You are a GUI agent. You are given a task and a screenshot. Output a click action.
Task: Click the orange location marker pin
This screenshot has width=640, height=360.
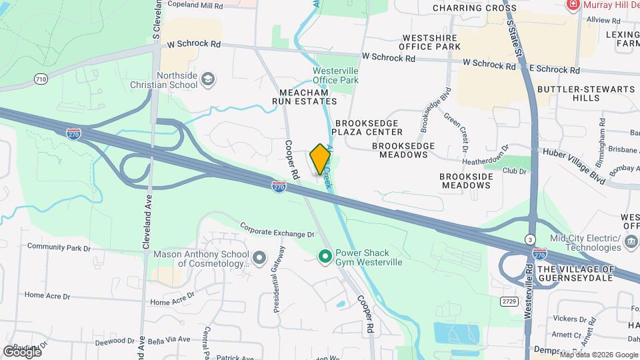[x=320, y=159]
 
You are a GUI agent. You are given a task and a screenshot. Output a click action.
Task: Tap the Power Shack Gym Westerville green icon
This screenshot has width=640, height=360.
[x=325, y=255]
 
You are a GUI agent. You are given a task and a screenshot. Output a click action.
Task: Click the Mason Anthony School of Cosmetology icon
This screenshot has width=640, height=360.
[x=259, y=257]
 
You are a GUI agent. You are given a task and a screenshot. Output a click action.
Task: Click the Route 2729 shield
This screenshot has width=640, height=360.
[x=509, y=301]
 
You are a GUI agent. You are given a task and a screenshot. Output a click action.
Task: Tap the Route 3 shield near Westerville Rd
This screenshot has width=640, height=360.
[x=529, y=239]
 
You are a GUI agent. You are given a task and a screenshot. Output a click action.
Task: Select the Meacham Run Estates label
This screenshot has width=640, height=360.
[x=304, y=96]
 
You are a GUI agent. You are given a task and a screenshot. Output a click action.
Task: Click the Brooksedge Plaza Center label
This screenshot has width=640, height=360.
[x=367, y=128]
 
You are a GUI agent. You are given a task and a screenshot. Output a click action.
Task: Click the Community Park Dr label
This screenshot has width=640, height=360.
[x=59, y=247]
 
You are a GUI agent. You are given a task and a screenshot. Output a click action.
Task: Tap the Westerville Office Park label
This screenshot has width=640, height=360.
[x=336, y=75]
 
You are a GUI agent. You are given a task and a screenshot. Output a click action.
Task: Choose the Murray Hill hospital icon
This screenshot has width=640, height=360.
[x=572, y=5]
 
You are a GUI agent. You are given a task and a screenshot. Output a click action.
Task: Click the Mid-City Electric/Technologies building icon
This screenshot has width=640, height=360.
[x=631, y=240]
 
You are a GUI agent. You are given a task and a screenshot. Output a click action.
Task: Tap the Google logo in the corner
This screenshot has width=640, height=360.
[x=21, y=351]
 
